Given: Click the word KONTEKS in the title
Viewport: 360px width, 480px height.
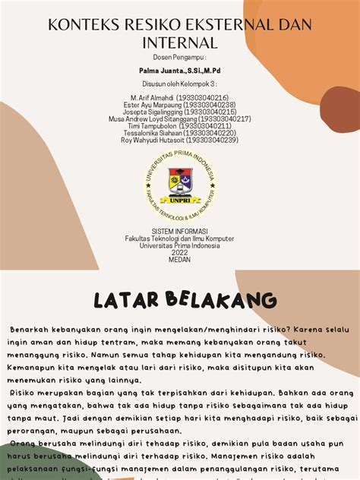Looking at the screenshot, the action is (80, 26).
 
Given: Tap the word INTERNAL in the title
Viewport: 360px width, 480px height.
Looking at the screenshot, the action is (179, 43).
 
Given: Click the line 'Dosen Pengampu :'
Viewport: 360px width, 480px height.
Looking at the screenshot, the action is (179, 57).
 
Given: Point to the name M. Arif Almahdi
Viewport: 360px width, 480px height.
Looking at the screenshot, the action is (152, 98).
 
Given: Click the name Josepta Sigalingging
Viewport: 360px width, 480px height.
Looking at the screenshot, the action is (162, 112).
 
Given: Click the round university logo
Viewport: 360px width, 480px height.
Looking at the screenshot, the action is (180, 186).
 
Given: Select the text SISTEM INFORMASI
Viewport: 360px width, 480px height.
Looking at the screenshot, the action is (179, 231).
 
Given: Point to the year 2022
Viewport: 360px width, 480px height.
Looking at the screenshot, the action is (179, 252).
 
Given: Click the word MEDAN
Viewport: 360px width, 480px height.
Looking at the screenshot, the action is (179, 259).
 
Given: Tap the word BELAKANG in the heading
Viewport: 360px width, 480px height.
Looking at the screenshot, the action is (219, 299).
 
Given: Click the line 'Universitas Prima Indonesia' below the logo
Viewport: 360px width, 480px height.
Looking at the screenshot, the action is (179, 245).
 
